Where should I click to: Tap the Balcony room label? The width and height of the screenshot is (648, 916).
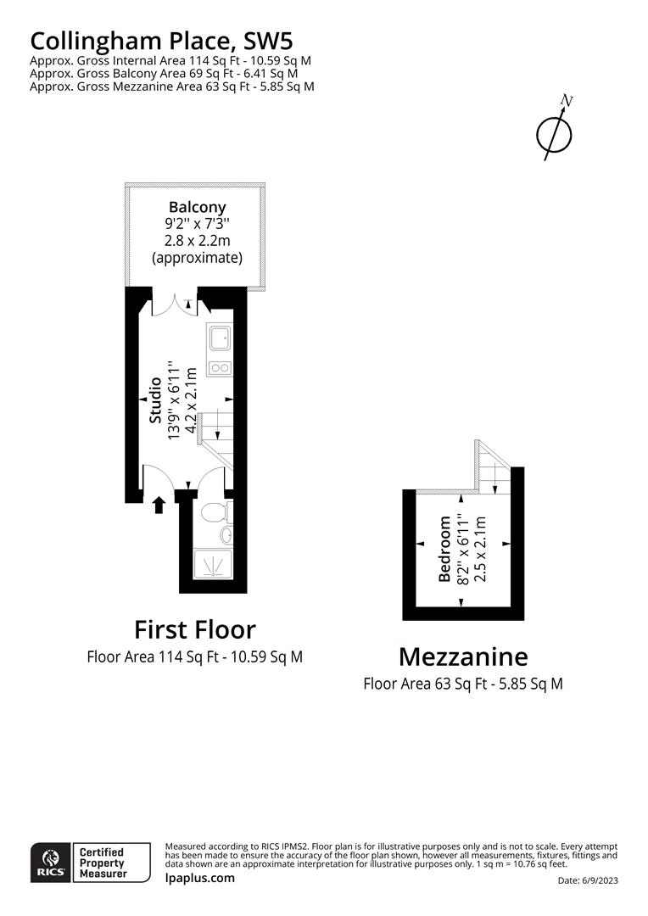coord(197,207)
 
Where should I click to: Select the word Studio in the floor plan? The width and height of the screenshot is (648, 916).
coord(155,401)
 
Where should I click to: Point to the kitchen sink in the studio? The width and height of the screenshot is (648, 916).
coord(219,338)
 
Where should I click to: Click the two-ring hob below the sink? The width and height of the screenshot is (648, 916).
coord(219,367)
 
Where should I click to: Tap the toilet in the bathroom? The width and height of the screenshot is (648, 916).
coord(215,511)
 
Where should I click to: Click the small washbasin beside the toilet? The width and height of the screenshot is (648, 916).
coord(226,534)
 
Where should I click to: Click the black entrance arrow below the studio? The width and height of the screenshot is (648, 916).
coord(158,505)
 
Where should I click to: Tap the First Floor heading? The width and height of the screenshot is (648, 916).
coord(194,629)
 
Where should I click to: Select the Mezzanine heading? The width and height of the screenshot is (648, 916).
coord(463,656)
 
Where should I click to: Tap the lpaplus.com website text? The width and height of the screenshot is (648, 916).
coord(199,878)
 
